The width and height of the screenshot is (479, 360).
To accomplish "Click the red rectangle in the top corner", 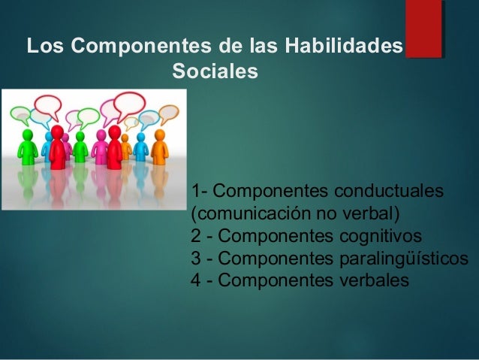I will (x=423, y=29).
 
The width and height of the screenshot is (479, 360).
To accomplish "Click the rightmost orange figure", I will (x=159, y=147).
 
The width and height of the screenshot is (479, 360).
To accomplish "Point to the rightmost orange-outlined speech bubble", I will (x=167, y=113).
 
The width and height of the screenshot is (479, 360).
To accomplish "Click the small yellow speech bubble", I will (x=131, y=123).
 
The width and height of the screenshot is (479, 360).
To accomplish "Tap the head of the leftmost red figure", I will (x=57, y=132).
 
